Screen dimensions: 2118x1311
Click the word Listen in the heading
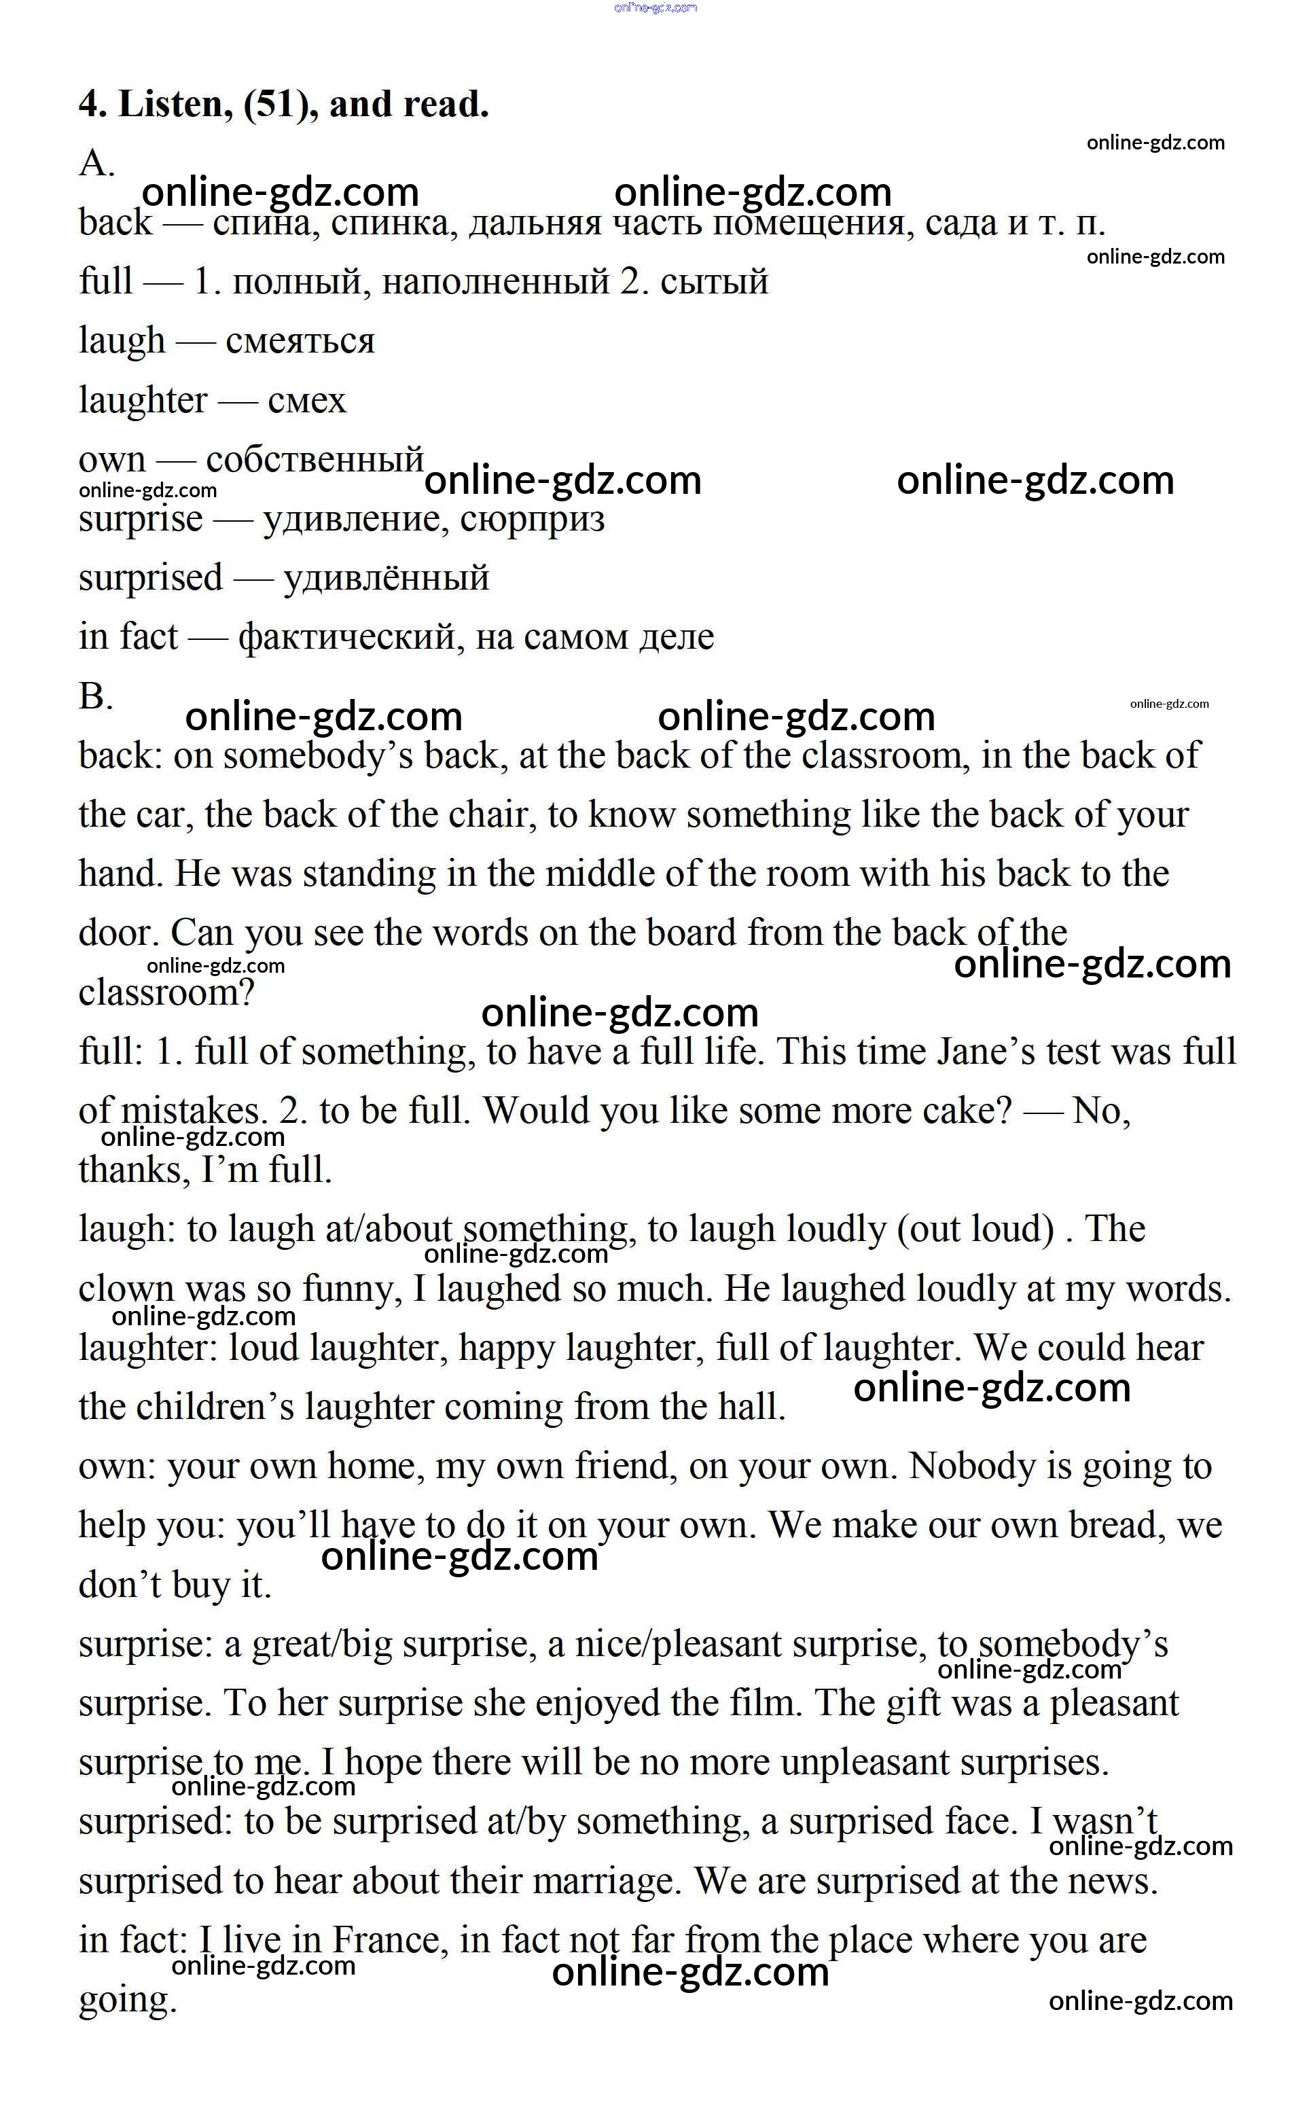(x=175, y=105)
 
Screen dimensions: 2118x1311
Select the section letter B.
(x=95, y=696)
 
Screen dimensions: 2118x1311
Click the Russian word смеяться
(x=300, y=341)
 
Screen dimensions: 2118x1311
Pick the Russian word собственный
(x=315, y=459)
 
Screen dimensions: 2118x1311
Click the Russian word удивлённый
(x=387, y=578)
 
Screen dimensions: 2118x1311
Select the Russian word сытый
(x=715, y=282)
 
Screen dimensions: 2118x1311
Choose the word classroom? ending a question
(x=166, y=992)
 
